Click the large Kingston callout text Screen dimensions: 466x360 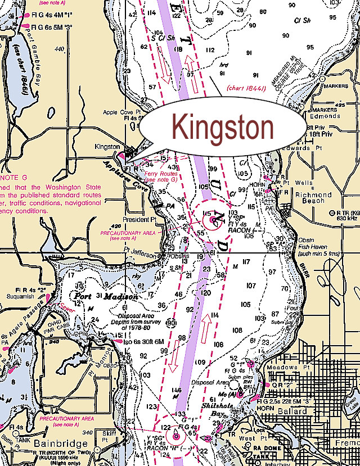tap(222, 129)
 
